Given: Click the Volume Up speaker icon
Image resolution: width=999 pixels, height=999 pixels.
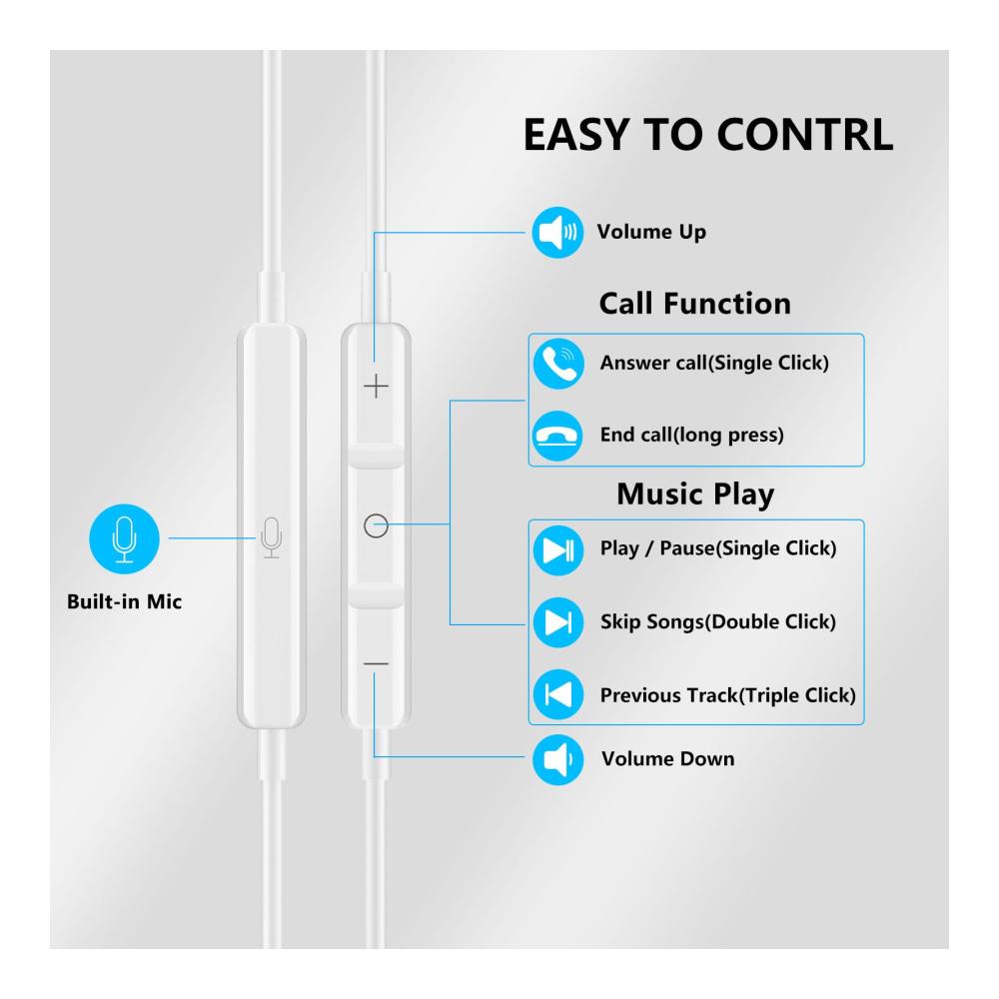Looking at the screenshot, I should click(x=554, y=233).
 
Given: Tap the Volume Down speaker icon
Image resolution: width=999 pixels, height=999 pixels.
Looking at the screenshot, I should click(x=554, y=759).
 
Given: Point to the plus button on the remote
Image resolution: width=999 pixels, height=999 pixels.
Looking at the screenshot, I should click(x=376, y=386).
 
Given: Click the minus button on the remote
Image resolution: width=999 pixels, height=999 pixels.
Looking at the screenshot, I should click(x=376, y=663).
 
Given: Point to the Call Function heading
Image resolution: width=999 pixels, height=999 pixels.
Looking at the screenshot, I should click(x=694, y=304).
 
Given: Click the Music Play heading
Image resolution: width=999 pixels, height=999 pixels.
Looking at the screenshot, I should click(x=694, y=494).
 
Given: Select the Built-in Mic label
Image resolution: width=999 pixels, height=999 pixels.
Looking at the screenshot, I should click(x=124, y=602).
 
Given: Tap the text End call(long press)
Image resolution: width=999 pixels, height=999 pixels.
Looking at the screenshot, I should click(x=691, y=436).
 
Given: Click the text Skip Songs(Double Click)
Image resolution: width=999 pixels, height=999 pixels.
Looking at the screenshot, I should click(x=717, y=621).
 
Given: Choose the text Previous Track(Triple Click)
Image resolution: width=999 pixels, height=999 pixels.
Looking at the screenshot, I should click(x=727, y=694).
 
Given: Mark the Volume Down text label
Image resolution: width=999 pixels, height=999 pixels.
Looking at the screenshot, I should click(x=667, y=758).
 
